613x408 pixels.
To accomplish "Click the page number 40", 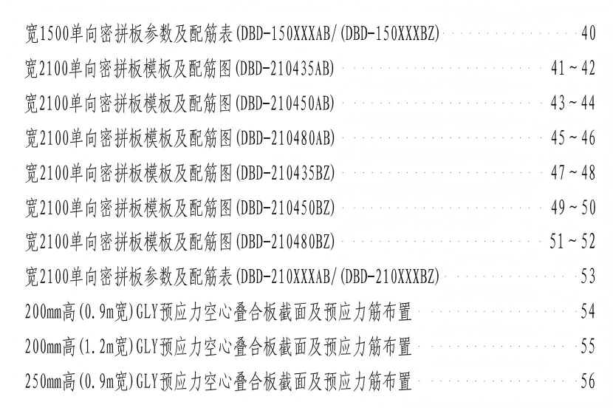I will click(588, 33).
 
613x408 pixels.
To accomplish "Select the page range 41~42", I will click(572, 68).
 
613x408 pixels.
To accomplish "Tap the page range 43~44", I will click(572, 103).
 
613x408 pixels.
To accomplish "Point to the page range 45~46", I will click(572, 137).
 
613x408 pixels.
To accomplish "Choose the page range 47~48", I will click(572, 172).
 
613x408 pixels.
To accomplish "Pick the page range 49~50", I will click(572, 207).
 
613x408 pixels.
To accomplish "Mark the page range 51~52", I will click(572, 242).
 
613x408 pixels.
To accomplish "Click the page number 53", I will click(588, 277).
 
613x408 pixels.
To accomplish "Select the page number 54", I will click(588, 312).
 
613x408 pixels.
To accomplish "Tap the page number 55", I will click(588, 347).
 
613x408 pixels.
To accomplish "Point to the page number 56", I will click(588, 382).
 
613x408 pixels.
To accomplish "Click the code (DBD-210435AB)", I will click(284, 68).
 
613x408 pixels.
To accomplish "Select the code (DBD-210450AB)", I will click(284, 103).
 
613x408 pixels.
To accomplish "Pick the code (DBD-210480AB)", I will click(284, 137).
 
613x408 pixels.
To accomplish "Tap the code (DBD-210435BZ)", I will click(284, 172).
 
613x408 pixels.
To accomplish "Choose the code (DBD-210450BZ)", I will click(284, 207).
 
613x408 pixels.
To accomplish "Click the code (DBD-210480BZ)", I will click(284, 242).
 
